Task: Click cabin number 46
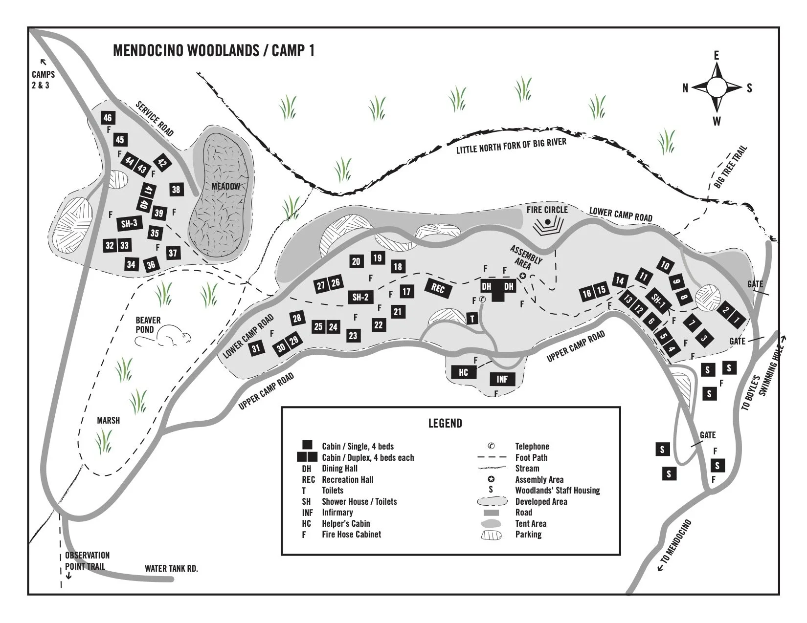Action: coord(108,118)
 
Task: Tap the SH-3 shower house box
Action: coord(129,224)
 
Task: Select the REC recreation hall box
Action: coord(438,289)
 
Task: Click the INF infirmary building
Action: coord(502,379)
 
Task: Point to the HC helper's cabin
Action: coord(463,372)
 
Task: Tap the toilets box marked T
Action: coord(472,319)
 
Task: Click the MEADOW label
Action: coord(225,186)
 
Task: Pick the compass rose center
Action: coord(717,87)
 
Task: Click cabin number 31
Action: coord(256,348)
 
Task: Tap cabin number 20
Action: coord(356,261)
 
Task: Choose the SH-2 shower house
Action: coord(360,297)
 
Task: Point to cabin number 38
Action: coord(176,190)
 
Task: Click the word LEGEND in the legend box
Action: coord(445,423)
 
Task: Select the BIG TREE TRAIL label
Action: coord(730,167)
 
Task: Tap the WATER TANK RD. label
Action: coord(171,569)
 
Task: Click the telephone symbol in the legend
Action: coord(491,446)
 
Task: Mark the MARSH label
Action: coord(108,420)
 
